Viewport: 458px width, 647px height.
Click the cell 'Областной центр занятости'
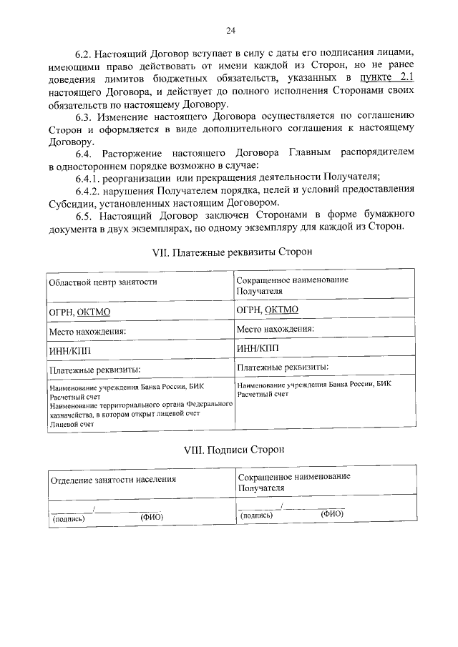(x=102, y=282)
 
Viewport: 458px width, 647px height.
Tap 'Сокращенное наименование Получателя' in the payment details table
(x=292, y=285)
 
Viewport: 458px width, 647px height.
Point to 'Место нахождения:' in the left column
(x=87, y=332)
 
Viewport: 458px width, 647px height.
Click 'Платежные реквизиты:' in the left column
(x=94, y=370)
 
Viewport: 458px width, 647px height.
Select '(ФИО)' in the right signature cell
(x=332, y=513)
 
